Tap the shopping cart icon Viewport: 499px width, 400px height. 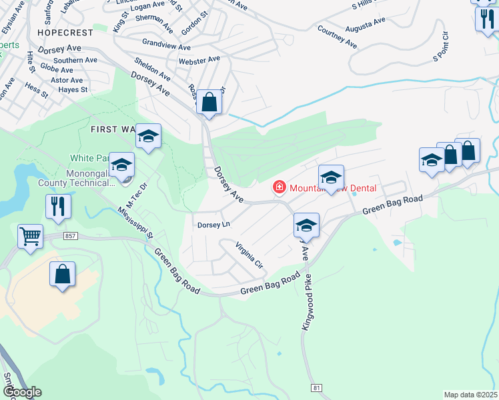pos(31,236)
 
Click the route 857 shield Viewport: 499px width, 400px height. pos(70,236)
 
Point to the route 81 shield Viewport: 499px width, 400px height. pos(315,387)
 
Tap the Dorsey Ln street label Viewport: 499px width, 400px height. pos(213,225)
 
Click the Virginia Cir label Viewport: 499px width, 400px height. pos(249,255)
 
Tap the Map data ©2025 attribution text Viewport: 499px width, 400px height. pos(471,395)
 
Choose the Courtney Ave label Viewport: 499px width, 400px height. pos(337,37)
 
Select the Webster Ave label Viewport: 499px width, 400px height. pos(199,60)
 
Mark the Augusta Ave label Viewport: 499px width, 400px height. pos(366,25)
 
